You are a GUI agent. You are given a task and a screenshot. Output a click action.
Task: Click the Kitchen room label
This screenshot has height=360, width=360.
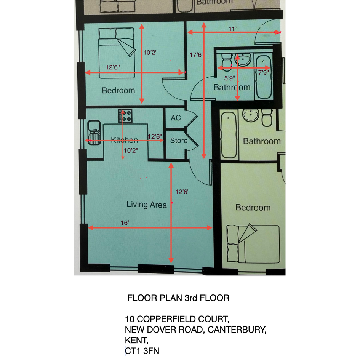pos(125,140)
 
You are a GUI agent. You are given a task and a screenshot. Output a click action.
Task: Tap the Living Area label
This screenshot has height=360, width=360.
pos(147,204)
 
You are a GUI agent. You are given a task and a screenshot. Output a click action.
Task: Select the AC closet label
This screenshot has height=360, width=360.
pos(176,118)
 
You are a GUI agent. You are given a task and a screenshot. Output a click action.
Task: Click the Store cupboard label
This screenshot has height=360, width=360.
pos(179,141)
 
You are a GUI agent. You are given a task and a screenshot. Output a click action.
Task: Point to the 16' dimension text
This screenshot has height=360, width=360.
pos(125,223)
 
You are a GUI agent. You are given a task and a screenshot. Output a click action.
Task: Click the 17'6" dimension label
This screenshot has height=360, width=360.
pos(197,55)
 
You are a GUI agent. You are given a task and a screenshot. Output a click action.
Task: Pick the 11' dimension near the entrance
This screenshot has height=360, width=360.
pos(233,29)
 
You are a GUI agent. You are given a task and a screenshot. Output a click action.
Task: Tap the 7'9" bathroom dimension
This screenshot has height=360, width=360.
pos(263,72)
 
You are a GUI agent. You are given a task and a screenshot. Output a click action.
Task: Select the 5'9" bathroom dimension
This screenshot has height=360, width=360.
pos(230,78)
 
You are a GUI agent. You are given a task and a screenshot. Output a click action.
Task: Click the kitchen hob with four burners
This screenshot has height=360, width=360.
pos(125,116)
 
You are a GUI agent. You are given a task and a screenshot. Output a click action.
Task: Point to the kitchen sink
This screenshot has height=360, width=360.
pos(94,133)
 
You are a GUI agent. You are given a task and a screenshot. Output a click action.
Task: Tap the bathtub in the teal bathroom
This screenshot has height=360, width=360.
pos(264,77)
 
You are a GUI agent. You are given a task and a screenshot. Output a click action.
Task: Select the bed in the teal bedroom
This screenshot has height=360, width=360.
pos(117,53)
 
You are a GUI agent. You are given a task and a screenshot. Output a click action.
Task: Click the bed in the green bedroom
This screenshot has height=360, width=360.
pos(253,244)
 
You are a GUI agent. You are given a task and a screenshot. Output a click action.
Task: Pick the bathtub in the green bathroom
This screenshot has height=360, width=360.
pos(229,135)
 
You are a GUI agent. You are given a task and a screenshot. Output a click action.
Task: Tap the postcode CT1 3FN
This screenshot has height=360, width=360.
pos(142,351)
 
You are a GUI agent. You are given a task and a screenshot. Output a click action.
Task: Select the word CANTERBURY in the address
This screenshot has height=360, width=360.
pos(237,330)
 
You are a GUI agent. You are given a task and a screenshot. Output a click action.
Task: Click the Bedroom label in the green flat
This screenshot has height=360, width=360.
pos(253,208)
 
